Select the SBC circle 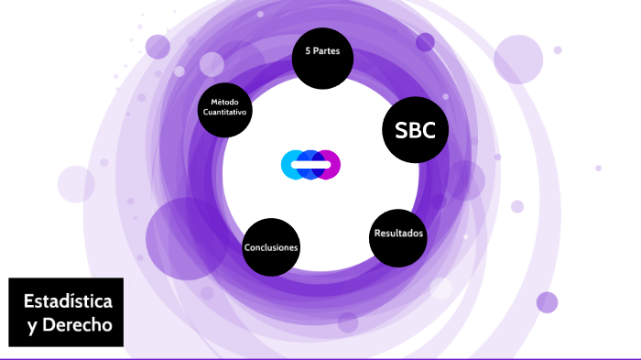(415, 129)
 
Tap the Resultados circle (398, 236)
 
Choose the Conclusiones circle (271, 247)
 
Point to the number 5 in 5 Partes (308, 51)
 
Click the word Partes (327, 51)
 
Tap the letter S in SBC (401, 130)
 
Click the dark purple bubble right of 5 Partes (425, 42)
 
